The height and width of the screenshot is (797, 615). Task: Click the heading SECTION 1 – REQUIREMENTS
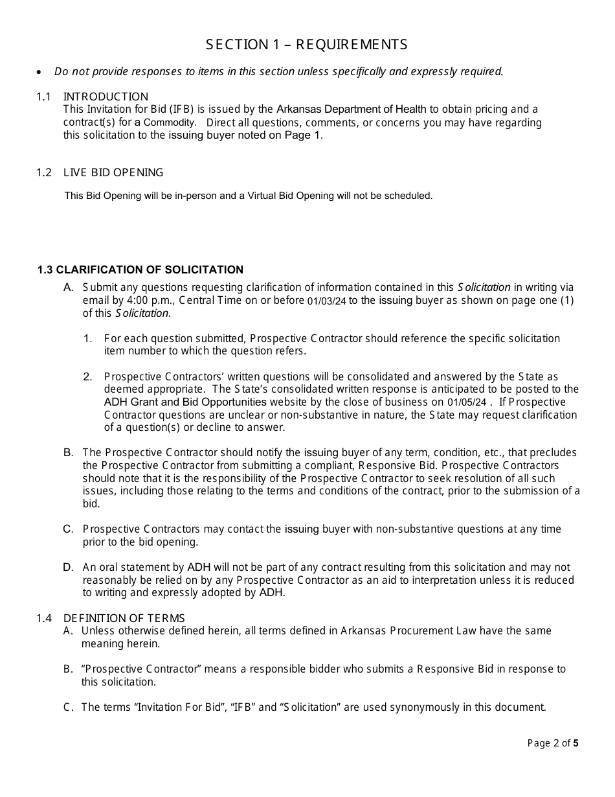tap(307, 45)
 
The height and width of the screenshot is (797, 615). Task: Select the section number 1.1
tap(43, 97)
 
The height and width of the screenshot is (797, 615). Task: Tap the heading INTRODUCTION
tap(106, 97)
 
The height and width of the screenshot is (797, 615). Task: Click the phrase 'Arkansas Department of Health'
tap(352, 109)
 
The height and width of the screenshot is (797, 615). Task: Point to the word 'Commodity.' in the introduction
tap(170, 122)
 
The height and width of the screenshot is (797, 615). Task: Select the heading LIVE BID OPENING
tap(113, 172)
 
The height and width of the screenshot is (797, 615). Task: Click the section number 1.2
tap(43, 172)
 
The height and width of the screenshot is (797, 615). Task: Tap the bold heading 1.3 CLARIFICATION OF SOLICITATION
tap(140, 270)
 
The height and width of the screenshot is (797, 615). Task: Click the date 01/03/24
tap(326, 301)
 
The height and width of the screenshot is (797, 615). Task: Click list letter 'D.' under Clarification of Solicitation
tap(68, 567)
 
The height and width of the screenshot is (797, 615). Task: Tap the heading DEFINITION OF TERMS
tap(124, 618)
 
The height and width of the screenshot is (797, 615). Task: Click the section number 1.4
tap(43, 618)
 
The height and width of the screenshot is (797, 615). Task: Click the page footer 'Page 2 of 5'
tap(553, 743)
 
